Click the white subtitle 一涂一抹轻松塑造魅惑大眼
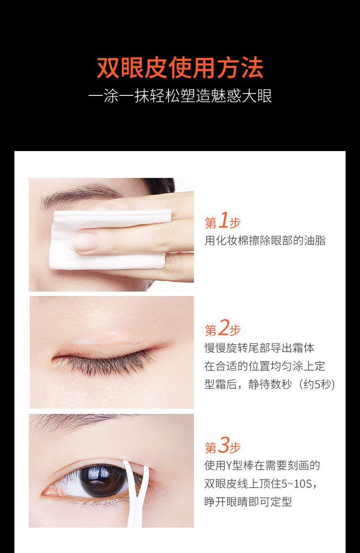tap(180, 96)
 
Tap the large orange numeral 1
tap(224, 221)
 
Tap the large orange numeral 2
tap(224, 328)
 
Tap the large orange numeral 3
tap(224, 445)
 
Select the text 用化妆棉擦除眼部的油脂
tap(265, 240)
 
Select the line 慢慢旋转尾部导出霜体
tap(259, 348)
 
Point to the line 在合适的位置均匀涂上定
tap(264, 366)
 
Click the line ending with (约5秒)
tap(270, 384)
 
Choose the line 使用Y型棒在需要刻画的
tap(262, 466)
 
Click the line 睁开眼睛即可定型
tap(248, 502)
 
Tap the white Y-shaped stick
tap(135, 494)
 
